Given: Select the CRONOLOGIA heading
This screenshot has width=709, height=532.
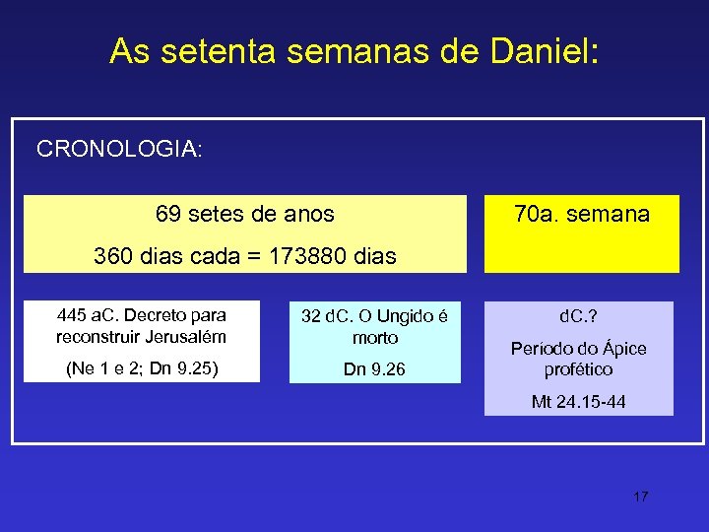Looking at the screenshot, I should point(119,149).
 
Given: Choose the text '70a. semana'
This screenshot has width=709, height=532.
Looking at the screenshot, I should point(582,213).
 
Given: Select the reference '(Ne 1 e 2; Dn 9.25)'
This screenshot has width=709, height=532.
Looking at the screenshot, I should point(142,369).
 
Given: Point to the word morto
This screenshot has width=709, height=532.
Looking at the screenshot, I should point(375,337).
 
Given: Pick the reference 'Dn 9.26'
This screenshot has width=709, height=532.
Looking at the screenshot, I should point(375,369).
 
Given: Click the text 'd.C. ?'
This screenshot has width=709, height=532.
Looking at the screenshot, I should point(578,317).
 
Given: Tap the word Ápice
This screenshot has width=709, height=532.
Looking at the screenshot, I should point(622,349).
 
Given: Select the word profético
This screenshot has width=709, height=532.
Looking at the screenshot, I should point(578,369).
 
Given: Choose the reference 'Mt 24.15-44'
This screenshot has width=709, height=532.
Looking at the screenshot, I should point(578,402).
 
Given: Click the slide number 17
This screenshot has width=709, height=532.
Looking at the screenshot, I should point(641,496).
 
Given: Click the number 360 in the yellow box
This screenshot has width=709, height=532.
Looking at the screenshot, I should point(114,257).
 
